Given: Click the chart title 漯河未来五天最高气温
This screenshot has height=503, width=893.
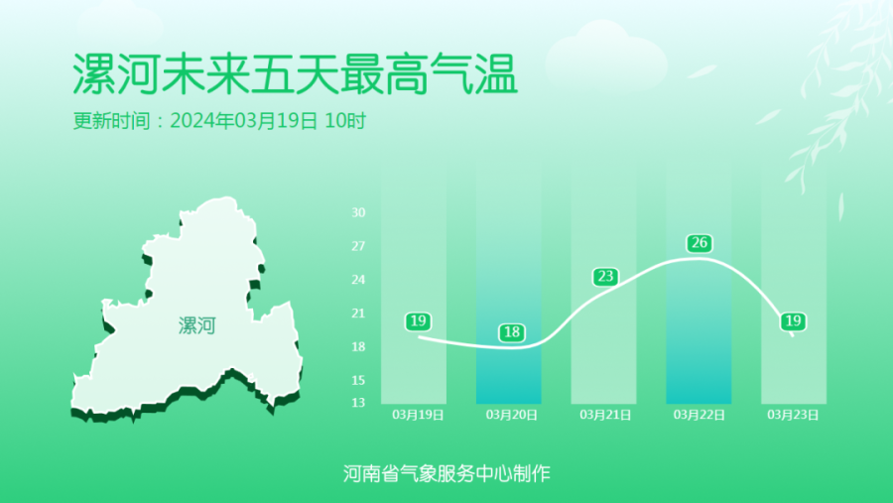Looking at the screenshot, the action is (x=295, y=74).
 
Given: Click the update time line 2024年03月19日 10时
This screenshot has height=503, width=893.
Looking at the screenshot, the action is (x=268, y=121).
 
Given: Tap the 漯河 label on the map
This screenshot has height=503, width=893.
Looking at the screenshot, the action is (x=197, y=325).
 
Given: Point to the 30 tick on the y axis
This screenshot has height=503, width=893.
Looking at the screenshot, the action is (x=358, y=212).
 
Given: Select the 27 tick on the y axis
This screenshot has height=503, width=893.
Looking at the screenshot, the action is (x=358, y=246).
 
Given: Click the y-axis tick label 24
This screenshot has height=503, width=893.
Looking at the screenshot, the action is (x=358, y=280).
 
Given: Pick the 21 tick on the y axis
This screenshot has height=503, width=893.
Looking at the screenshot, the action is (x=358, y=314).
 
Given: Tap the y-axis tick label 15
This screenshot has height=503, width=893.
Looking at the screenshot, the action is (x=358, y=381).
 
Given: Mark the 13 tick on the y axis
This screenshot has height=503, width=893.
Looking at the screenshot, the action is (x=358, y=403).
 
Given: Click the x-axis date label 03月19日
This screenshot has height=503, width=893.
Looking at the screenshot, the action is (x=418, y=415).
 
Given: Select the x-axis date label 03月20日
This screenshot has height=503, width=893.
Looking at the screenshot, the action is (x=511, y=415).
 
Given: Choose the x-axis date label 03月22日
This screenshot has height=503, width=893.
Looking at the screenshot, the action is (x=699, y=415).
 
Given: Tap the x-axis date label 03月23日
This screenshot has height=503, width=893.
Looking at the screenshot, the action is (x=793, y=415).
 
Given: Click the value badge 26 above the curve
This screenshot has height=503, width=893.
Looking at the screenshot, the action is (x=700, y=243).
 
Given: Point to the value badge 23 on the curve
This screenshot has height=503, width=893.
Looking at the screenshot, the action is (x=605, y=277).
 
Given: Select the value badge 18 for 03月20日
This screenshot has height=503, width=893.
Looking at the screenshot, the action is (x=511, y=332).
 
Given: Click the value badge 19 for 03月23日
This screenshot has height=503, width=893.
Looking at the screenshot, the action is (x=794, y=321).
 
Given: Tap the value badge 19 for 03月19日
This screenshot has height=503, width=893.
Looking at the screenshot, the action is (x=418, y=321).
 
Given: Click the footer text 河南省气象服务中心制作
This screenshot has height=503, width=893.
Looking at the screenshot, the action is (x=446, y=473).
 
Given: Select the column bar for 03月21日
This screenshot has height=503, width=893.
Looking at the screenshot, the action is (x=603, y=285).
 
